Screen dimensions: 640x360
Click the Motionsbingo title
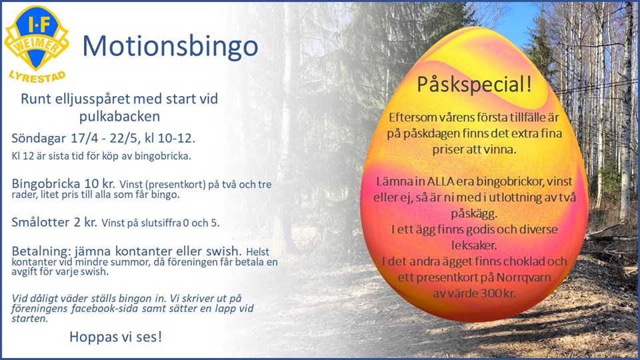coord(170,47)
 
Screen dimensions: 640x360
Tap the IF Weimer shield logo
coord(36,37)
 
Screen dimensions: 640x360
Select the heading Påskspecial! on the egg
coord(474,85)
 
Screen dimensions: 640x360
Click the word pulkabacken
coord(119,117)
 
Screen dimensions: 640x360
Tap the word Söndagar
coord(39,139)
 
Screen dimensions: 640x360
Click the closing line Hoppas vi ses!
coord(116,337)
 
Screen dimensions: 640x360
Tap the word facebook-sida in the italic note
coord(105,309)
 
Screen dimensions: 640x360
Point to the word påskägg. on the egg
coord(474,214)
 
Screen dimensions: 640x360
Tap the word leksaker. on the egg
coord(474,245)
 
